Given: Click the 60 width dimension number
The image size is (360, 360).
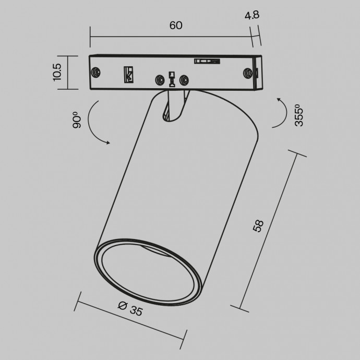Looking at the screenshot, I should [175, 26].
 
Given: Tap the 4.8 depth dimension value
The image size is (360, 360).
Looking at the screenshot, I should [252, 15].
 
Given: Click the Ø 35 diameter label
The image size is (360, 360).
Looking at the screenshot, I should [130, 309].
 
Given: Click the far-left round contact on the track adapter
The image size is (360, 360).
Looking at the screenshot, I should [96, 72].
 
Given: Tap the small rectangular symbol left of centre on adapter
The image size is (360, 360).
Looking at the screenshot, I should [127, 75].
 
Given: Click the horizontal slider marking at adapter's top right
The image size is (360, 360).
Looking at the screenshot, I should [205, 62].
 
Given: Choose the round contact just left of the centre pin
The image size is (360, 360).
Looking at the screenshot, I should [159, 80].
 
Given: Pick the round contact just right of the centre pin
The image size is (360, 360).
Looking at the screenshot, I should [183, 80].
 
